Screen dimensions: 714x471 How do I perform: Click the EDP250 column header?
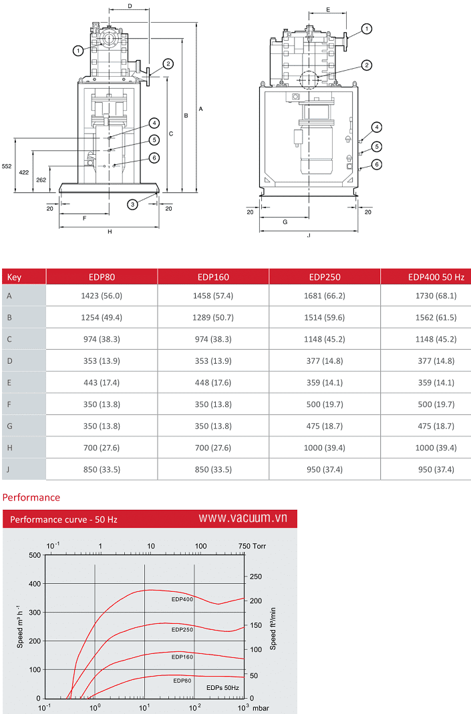(325, 276)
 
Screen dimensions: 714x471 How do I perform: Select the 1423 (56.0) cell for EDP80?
(102, 296)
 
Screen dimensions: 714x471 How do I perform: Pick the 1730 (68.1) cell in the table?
(436, 296)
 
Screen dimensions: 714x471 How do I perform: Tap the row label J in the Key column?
(9, 469)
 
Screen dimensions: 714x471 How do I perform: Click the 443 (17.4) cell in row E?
(102, 382)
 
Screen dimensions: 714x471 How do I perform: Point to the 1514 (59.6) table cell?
(325, 318)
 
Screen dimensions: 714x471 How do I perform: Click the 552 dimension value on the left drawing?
(7, 165)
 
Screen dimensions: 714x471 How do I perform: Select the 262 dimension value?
(41, 180)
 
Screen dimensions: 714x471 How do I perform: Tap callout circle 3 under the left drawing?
(133, 204)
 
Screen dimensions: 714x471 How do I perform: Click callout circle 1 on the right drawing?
(367, 29)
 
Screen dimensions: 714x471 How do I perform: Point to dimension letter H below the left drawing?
(110, 232)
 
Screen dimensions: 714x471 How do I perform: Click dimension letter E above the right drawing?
(328, 10)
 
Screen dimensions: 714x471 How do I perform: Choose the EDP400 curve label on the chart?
(182, 599)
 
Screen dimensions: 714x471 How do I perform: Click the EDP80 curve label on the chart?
(182, 681)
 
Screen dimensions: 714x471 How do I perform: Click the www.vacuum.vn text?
(243, 518)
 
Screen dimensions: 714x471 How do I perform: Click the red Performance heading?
(31, 497)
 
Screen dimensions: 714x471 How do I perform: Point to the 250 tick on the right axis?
(255, 577)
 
